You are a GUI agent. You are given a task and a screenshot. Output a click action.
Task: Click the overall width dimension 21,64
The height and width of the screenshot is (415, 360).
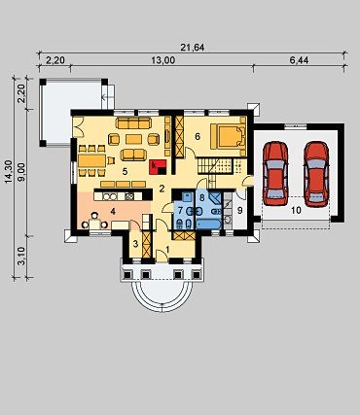point(193,48)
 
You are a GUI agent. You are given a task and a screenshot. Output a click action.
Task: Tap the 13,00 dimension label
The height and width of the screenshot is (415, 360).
point(163,60)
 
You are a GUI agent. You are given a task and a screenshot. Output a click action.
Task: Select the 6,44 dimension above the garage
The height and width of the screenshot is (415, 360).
point(299,60)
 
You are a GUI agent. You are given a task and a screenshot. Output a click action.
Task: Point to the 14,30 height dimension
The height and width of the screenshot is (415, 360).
point(9,172)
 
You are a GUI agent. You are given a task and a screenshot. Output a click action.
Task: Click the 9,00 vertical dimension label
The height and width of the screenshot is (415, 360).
point(22,171)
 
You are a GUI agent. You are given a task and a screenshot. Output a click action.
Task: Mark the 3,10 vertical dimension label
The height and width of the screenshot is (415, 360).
point(22,256)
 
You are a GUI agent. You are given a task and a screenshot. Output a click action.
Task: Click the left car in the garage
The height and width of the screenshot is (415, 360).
point(275,173)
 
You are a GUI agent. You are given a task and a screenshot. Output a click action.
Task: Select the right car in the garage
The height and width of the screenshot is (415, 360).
point(316,174)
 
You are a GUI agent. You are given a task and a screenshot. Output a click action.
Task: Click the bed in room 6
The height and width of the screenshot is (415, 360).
point(229,136)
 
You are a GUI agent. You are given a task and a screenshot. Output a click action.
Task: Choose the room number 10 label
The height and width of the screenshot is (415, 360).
point(296,210)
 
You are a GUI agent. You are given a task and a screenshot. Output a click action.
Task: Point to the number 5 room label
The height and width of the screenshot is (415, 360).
point(125,172)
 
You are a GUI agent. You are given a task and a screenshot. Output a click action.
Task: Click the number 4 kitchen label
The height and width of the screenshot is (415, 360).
point(113,212)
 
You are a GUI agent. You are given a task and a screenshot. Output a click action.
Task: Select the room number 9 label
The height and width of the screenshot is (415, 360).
point(240,211)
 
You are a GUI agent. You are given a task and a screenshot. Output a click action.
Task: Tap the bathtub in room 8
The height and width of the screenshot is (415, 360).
point(209,224)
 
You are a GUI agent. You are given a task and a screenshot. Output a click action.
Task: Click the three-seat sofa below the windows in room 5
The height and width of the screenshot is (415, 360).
point(133,123)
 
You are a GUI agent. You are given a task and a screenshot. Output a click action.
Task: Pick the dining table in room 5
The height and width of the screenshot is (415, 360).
point(91,160)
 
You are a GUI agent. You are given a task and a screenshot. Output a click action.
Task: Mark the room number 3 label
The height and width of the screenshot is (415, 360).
point(135,244)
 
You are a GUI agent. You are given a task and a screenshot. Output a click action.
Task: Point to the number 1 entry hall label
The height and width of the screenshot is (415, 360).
point(167,250)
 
